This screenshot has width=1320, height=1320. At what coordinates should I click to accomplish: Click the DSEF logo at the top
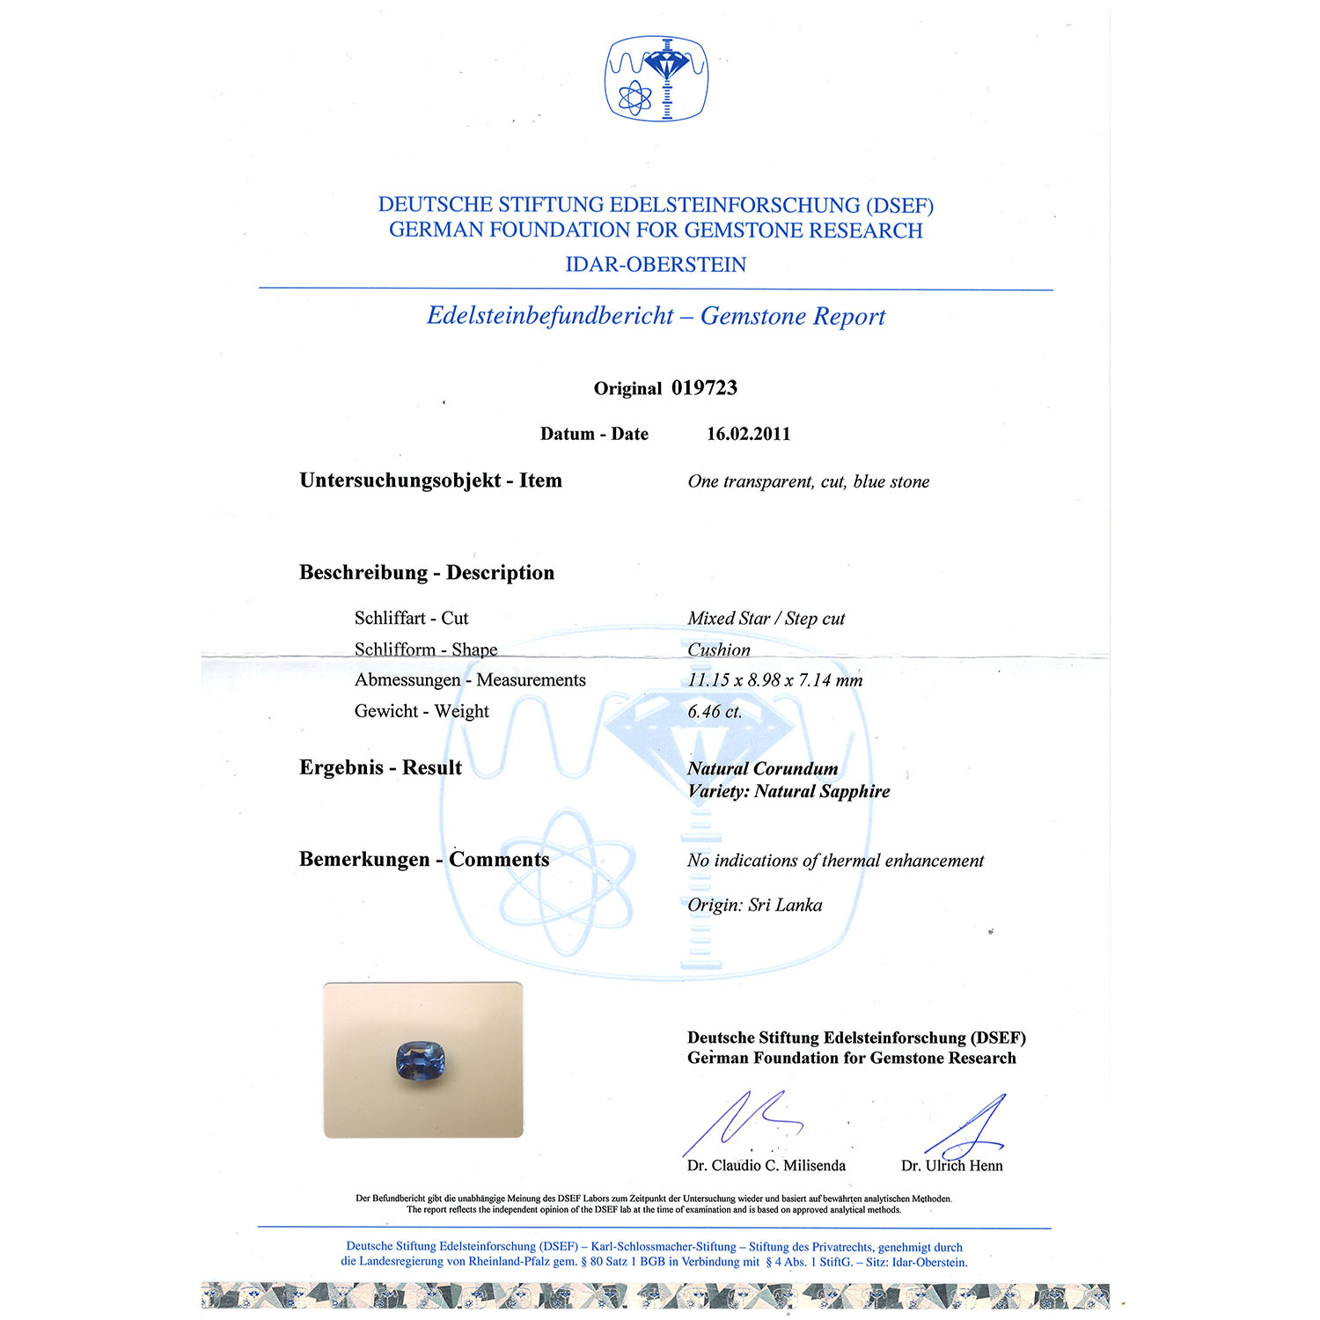point(656,77)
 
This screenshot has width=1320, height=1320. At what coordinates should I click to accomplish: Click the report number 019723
point(704,388)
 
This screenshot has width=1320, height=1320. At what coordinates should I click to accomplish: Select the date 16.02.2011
point(748,434)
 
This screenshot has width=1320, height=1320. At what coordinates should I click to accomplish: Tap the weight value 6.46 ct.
point(715,712)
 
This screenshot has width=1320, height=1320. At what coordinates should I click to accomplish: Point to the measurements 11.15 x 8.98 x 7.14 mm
point(774,680)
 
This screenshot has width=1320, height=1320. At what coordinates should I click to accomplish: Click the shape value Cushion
point(719,650)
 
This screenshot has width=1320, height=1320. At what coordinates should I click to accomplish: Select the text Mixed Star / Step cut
point(766,619)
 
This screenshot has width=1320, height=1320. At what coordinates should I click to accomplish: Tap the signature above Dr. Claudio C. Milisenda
point(744,1122)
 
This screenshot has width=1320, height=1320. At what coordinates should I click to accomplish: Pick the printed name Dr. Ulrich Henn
point(951,1166)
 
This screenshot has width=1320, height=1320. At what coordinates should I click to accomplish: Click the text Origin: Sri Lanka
point(754,906)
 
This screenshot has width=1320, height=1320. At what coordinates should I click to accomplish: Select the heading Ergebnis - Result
point(380,767)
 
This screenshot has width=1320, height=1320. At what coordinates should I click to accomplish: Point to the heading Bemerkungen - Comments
point(424,860)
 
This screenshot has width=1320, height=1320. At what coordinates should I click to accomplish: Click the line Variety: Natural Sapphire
point(788,791)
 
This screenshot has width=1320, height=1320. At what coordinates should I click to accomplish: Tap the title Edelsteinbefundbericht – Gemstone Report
point(656,316)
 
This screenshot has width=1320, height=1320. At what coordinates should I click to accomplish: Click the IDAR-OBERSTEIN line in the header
point(656,265)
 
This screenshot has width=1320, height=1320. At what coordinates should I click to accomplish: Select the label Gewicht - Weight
point(422,711)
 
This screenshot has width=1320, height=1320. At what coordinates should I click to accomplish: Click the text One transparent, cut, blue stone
point(808,481)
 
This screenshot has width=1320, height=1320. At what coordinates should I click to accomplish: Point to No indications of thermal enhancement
point(835,861)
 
